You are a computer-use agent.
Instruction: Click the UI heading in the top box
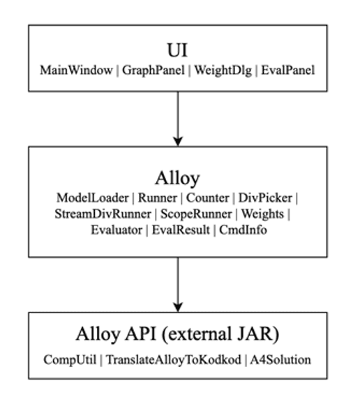pos(177,50)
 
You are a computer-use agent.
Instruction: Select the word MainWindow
pos(76,70)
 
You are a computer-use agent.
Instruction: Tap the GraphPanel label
pos(153,70)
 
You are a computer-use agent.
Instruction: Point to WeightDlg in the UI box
pos(223,70)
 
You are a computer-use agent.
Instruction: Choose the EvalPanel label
pos(288,70)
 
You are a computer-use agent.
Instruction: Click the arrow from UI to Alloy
pos(178,119)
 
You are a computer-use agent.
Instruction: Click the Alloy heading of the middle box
pos(177,179)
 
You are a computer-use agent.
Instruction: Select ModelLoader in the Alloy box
pos(92,198)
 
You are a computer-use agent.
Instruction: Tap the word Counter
pos(208,198)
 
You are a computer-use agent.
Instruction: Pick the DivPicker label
pos(265,198)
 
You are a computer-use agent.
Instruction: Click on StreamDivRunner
pos(103,214)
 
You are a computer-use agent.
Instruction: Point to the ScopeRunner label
pos(196,214)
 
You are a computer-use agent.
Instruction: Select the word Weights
pos(262,214)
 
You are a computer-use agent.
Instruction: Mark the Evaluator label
pos(117,230)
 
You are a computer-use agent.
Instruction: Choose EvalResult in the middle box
pos(181,230)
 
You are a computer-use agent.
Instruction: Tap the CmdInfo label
pos(243,230)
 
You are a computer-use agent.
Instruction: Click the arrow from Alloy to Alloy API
pos(178,285)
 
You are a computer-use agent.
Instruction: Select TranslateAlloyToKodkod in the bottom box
pos(173,360)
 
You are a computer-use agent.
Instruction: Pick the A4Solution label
pos(280,359)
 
